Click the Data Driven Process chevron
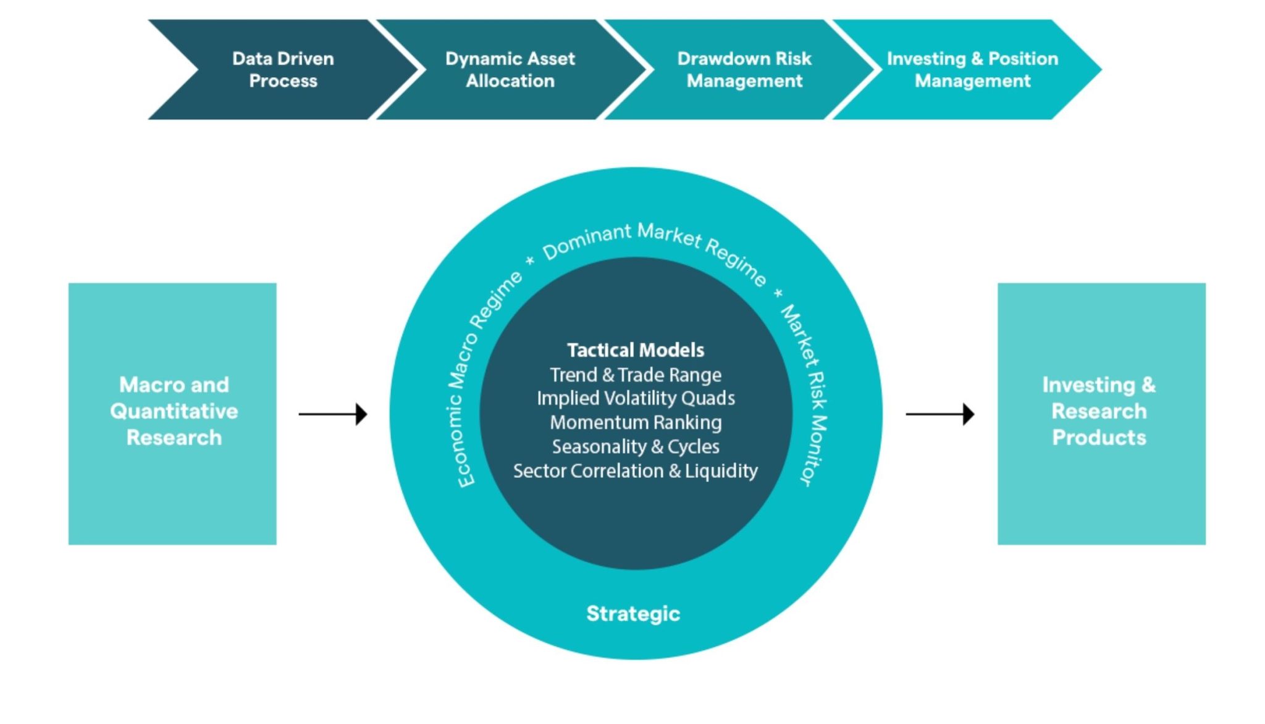(283, 70)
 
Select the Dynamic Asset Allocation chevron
(510, 70)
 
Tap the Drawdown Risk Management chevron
(744, 70)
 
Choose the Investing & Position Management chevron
(972, 70)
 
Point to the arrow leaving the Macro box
(333, 414)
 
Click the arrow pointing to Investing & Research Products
(939, 414)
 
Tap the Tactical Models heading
(636, 350)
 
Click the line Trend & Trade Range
(636, 375)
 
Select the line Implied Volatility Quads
(636, 398)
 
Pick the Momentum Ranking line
(636, 422)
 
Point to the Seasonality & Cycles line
(636, 446)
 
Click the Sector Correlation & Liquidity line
(636, 471)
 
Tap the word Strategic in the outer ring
(633, 614)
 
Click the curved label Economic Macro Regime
(479, 377)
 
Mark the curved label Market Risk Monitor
(806, 392)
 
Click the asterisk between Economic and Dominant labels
(530, 261)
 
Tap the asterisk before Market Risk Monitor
(778, 293)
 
